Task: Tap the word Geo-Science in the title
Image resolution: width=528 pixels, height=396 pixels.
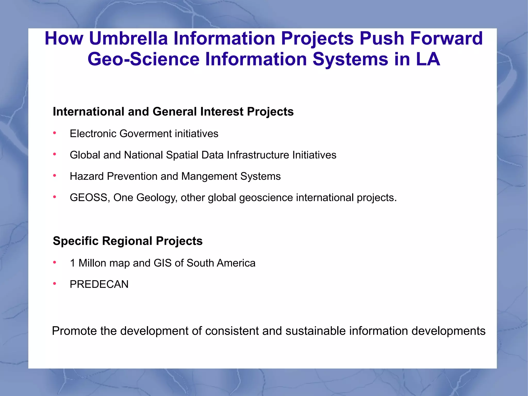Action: pyautogui.click(x=144, y=59)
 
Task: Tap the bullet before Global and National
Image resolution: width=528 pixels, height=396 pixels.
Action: pyautogui.click(x=55, y=155)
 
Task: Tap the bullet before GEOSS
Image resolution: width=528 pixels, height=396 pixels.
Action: pyautogui.click(x=55, y=197)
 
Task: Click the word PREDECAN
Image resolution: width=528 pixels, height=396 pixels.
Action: pyautogui.click(x=99, y=284)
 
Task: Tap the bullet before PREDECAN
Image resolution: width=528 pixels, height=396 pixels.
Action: pyautogui.click(x=55, y=284)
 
